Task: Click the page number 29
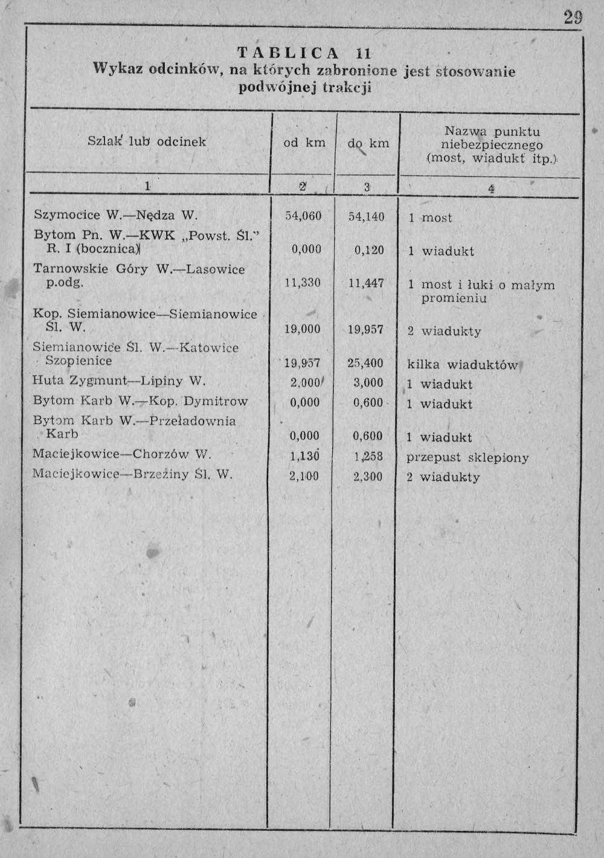tap(573, 18)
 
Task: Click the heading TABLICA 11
tap(303, 54)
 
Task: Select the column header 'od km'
tap(304, 143)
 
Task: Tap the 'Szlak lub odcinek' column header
tap(147, 142)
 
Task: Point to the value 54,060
tap(303, 216)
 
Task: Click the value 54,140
tap(367, 217)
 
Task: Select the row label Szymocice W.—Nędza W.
tap(115, 214)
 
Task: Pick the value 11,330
tap(303, 283)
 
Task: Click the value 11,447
tap(367, 283)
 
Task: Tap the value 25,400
tap(365, 364)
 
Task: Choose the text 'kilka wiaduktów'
tap(463, 365)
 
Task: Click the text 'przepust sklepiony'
tap(467, 457)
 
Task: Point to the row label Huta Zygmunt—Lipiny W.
tap(119, 381)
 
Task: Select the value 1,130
tap(304, 457)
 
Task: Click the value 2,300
tap(367, 477)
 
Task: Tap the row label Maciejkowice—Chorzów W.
tap(121, 454)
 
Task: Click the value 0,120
tap(368, 250)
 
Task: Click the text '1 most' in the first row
tap(430, 218)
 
